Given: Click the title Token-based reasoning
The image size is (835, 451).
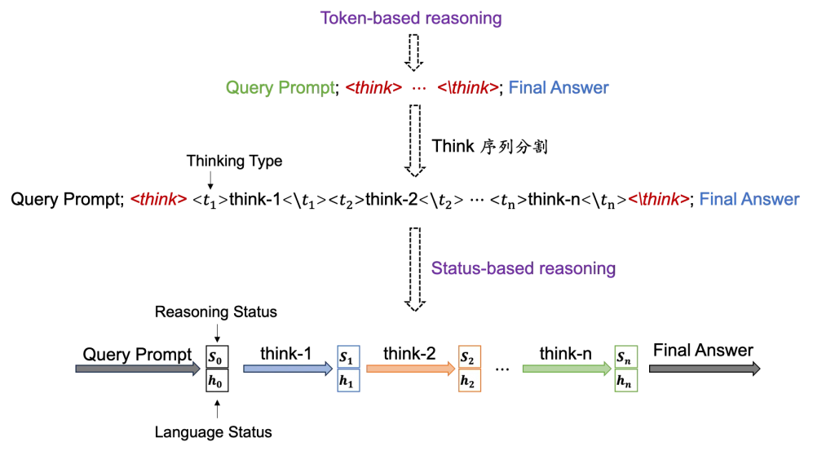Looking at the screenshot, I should point(410,18).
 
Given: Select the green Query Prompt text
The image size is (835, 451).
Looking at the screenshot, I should point(281,88).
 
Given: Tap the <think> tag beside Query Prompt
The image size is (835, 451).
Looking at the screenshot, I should point(373,88).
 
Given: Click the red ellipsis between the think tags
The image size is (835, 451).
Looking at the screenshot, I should point(419,88).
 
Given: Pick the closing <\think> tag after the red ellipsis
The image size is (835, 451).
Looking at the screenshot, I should point(468,88).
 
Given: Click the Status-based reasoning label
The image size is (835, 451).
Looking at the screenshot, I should point(523,268).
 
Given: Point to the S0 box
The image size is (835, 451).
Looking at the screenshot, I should point(217,357).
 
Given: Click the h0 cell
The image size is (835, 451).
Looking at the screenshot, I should point(217,380).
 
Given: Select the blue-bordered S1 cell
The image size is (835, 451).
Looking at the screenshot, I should point(348,357).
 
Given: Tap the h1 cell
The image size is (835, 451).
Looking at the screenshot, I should point(348,380).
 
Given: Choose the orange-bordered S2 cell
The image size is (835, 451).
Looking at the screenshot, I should point(470,357).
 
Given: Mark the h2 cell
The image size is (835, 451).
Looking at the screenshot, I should point(470,380).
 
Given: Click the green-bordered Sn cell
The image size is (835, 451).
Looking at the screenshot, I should point(625,357).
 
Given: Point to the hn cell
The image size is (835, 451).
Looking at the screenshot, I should point(625,380).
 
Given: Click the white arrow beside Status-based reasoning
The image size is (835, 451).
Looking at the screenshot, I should point(414,269).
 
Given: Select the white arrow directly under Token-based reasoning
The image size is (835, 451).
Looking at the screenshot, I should point(413,51).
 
